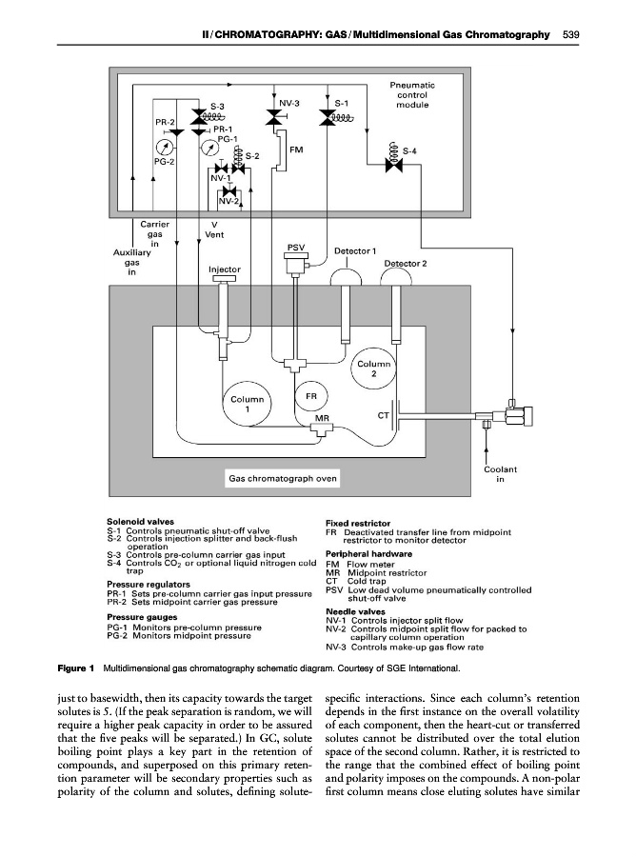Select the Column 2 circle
point(374,369)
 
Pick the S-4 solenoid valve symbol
point(389,164)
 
